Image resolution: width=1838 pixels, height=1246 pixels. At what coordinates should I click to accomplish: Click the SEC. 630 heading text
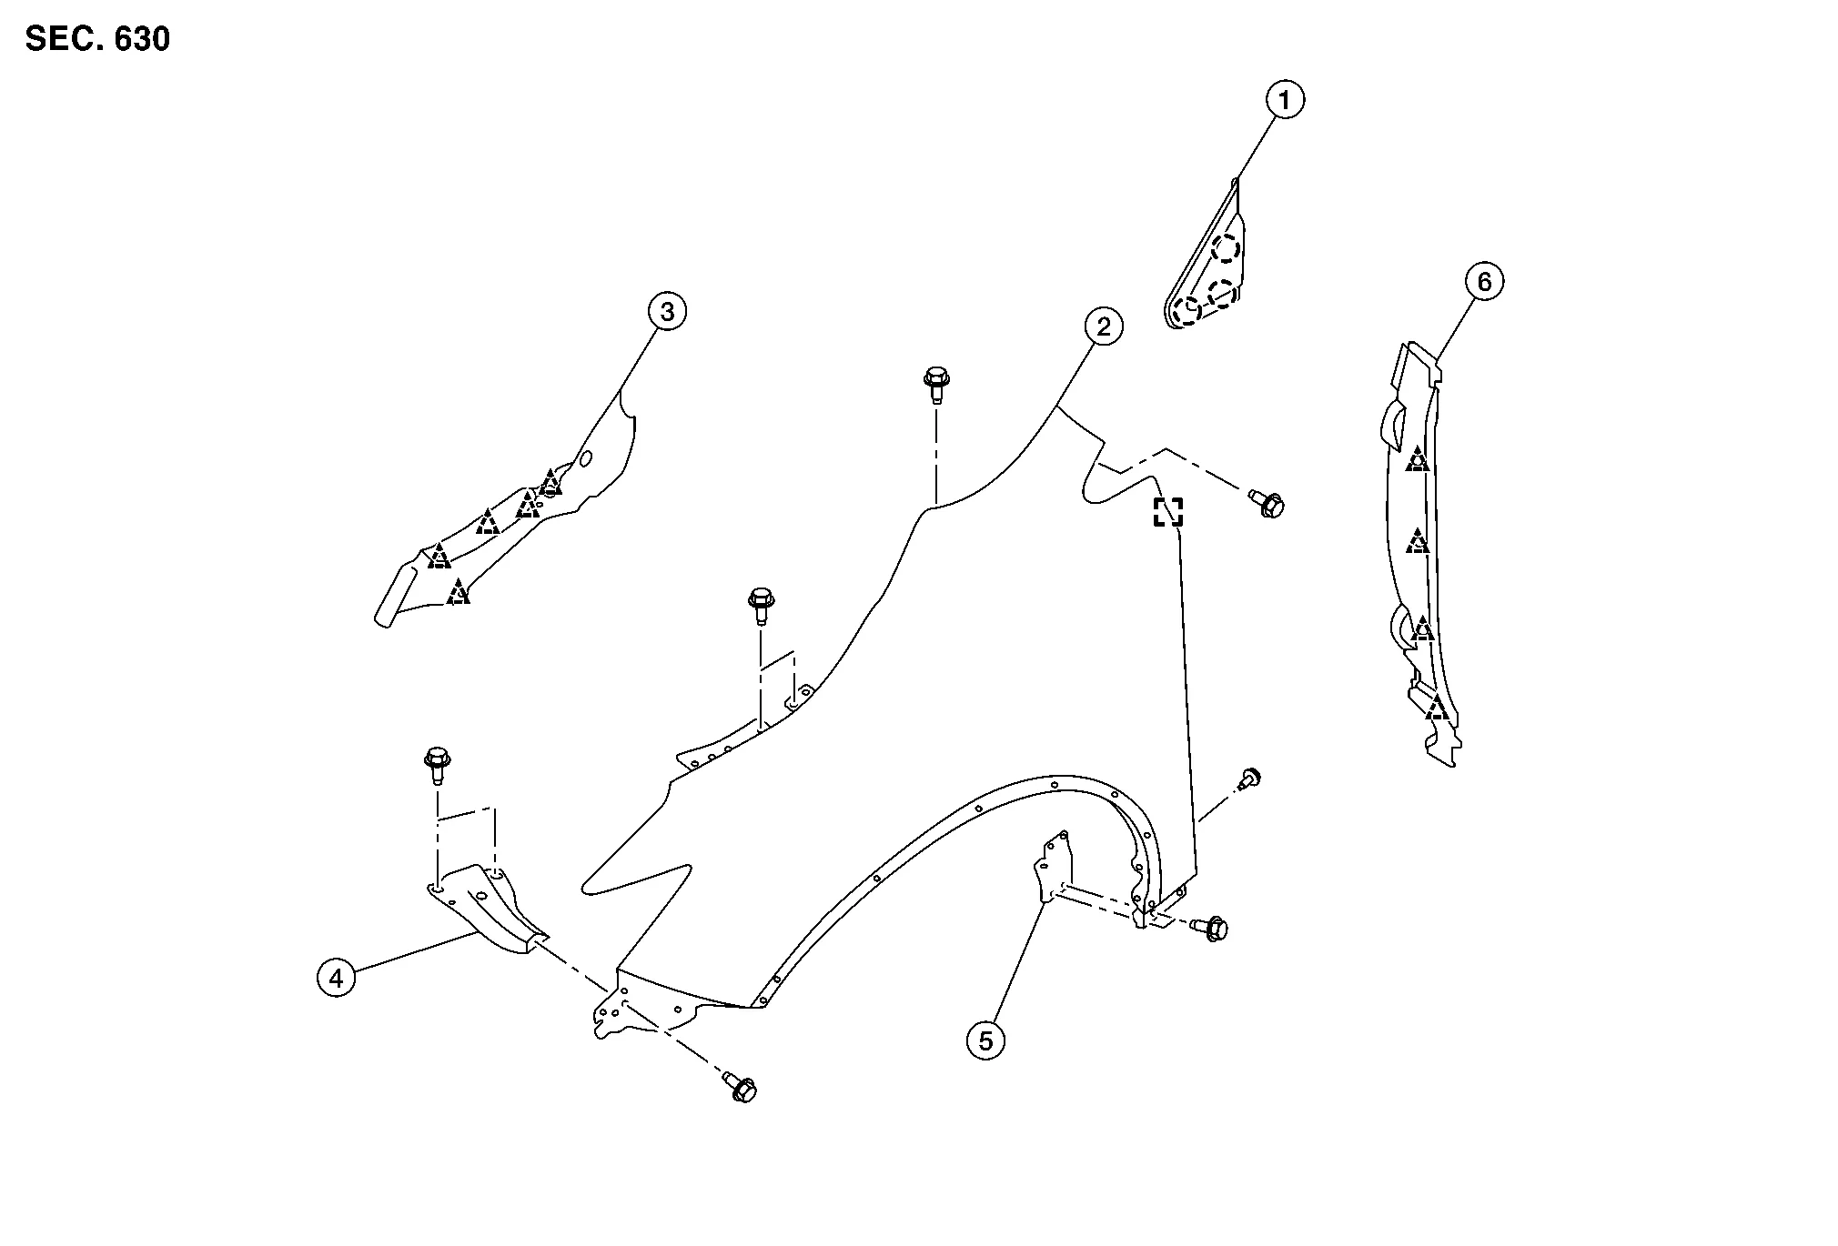[x=97, y=40]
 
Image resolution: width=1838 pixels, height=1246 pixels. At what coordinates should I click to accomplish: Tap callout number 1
[x=1285, y=100]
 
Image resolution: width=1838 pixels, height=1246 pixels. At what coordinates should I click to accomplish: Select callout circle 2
[x=1104, y=327]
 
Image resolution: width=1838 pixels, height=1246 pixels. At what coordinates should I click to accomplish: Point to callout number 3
[x=667, y=312]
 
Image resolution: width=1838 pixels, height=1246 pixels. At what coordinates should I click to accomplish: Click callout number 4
[x=336, y=979]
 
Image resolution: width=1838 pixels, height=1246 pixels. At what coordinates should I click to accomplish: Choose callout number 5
[x=985, y=1039]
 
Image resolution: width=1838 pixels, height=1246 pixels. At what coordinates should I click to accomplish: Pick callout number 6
[x=1484, y=282]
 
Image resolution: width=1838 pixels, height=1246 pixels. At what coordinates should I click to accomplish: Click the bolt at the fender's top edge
[x=935, y=383]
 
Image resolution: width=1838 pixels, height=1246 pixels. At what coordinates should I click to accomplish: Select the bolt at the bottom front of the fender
[x=741, y=1087]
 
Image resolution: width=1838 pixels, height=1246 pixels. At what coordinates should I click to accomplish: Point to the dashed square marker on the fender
[x=1168, y=512]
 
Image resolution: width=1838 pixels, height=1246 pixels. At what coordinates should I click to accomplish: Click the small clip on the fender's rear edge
[x=1250, y=778]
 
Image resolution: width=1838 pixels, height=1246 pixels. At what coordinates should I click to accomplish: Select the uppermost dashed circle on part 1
[x=1227, y=247]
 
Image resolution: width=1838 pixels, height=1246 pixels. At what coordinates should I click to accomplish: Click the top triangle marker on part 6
[x=1417, y=460]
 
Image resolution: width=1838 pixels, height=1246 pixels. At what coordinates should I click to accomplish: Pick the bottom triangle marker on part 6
[x=1437, y=708]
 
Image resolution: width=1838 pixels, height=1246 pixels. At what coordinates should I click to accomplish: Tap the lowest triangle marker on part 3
[x=459, y=594]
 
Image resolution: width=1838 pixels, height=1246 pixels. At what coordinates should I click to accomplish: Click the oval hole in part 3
[x=585, y=459]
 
